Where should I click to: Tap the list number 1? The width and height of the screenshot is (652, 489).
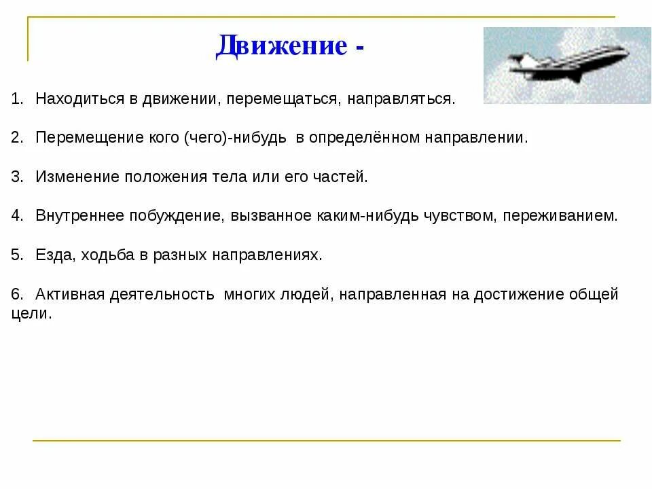(16, 99)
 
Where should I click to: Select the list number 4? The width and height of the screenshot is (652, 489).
(16, 216)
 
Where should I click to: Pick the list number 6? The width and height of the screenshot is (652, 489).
(16, 295)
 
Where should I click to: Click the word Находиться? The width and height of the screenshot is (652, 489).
(79, 99)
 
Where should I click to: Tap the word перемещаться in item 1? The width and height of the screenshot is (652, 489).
(283, 99)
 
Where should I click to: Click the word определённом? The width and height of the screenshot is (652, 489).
(363, 138)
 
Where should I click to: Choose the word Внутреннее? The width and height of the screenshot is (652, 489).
(79, 216)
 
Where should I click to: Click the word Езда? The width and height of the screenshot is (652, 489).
(54, 255)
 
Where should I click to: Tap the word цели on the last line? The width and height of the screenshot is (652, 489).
(31, 314)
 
